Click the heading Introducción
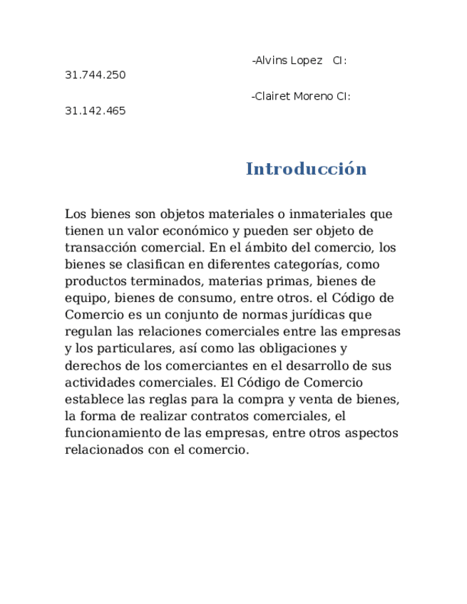[x=306, y=170]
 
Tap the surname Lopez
[x=307, y=61]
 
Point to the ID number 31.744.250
[x=95, y=75]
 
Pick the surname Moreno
[x=314, y=96]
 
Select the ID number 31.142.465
[x=95, y=110]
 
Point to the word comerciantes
[x=195, y=365]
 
